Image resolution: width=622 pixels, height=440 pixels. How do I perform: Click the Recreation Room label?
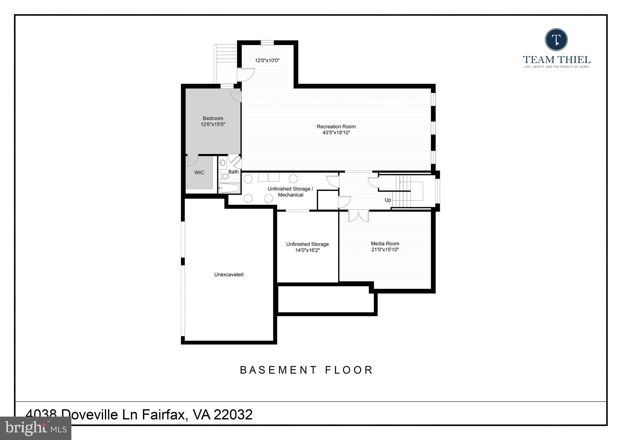point(336,127)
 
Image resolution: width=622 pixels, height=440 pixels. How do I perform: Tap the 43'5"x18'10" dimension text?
point(336,133)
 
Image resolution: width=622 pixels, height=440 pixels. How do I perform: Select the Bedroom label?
point(213,119)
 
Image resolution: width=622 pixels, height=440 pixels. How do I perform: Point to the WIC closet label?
point(199,173)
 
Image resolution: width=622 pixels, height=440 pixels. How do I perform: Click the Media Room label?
point(385,244)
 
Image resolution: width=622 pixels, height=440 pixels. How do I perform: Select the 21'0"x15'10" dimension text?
point(385,250)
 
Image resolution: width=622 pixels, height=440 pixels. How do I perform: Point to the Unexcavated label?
point(229,275)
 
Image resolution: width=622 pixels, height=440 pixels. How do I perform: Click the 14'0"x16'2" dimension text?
point(307,250)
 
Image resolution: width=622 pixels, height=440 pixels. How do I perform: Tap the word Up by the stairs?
point(388,200)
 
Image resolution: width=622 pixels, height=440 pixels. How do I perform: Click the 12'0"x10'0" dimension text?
point(267,60)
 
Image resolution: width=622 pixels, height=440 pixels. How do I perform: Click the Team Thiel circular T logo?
point(556,40)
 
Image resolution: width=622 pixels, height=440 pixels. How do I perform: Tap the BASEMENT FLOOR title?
point(306,370)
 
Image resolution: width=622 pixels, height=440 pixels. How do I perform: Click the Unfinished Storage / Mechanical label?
point(290,192)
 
